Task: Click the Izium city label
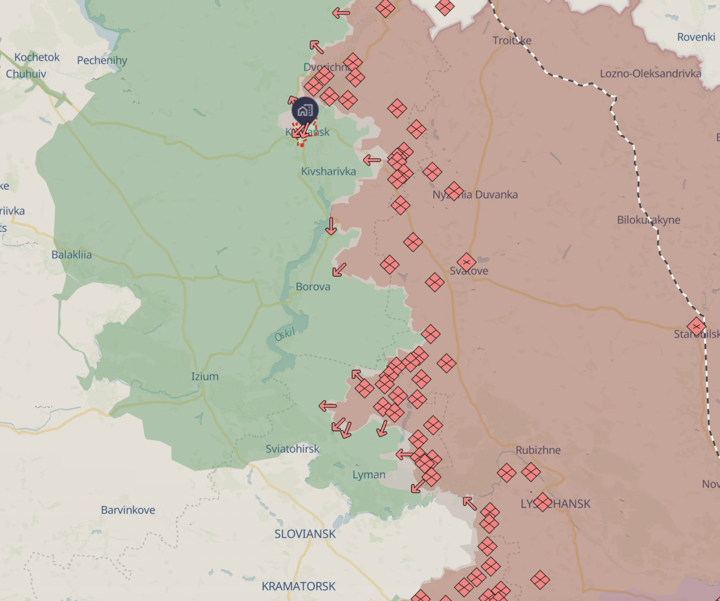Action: (x=205, y=376)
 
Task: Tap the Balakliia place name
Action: (x=72, y=255)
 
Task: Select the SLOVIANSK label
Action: (x=305, y=534)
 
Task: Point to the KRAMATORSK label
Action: (x=298, y=586)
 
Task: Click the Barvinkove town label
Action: (x=128, y=510)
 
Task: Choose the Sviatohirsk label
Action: (x=292, y=449)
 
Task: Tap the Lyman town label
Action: (x=369, y=475)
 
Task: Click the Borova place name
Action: (x=313, y=287)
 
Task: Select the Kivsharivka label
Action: (x=328, y=171)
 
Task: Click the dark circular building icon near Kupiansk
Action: (x=305, y=110)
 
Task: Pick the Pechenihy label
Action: (x=102, y=60)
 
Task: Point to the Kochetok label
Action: (x=37, y=57)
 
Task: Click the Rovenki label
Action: (x=696, y=37)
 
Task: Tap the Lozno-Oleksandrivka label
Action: (x=650, y=73)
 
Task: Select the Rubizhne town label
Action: (x=538, y=450)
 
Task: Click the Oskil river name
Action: (x=285, y=334)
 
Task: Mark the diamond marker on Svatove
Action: (x=466, y=262)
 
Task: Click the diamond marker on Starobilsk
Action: (x=696, y=327)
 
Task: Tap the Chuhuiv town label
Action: (x=26, y=74)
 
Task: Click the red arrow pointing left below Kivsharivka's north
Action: (x=372, y=161)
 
